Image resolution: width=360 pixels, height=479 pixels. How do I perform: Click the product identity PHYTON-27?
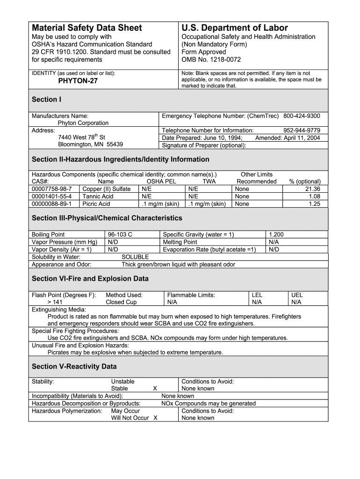78,81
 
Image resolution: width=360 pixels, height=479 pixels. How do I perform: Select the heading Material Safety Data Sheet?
86,28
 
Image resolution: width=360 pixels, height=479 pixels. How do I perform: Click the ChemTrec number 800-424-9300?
305,116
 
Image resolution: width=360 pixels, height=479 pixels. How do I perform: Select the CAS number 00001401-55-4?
52,196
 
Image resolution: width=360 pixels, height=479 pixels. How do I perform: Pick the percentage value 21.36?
312,189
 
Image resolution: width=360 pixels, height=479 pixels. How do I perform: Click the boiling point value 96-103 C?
120,234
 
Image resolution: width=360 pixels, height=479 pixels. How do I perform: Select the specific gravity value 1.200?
276,234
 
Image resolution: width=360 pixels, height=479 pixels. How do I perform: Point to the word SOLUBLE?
135,257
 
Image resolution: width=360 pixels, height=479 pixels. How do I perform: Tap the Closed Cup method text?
122,302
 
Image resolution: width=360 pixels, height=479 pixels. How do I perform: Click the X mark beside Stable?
155,388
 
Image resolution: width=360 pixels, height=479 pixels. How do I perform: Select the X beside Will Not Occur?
155,418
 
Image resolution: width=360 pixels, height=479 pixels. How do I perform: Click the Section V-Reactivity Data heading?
74,366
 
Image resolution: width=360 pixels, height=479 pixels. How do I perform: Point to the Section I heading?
46,99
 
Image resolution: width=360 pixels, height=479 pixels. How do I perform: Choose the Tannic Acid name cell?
98,196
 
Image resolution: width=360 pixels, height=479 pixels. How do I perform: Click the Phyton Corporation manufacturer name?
83,123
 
